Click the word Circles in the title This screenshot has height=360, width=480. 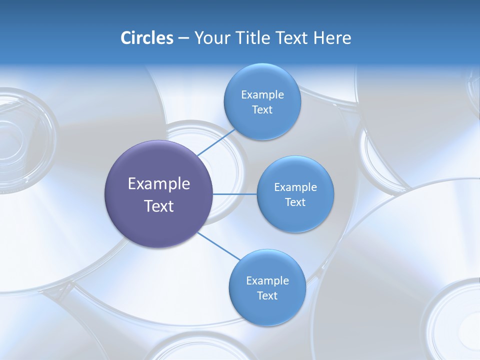pyautogui.click(x=146, y=38)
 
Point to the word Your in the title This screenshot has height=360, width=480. pyautogui.click(x=210, y=38)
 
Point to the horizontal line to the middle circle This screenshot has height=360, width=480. pyautogui.click(x=235, y=194)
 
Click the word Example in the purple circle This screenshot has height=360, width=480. pyautogui.click(x=158, y=184)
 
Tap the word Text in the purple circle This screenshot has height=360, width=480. pyautogui.click(x=158, y=206)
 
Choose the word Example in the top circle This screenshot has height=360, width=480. pyautogui.click(x=262, y=95)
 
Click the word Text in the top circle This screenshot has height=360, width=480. pyautogui.click(x=262, y=110)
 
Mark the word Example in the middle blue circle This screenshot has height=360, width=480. pyautogui.click(x=295, y=187)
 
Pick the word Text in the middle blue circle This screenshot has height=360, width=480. pyautogui.click(x=295, y=202)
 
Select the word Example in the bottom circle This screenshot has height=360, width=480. pyautogui.click(x=267, y=281)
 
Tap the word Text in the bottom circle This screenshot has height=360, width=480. pyautogui.click(x=267, y=296)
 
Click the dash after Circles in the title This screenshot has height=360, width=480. pyautogui.click(x=183, y=38)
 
